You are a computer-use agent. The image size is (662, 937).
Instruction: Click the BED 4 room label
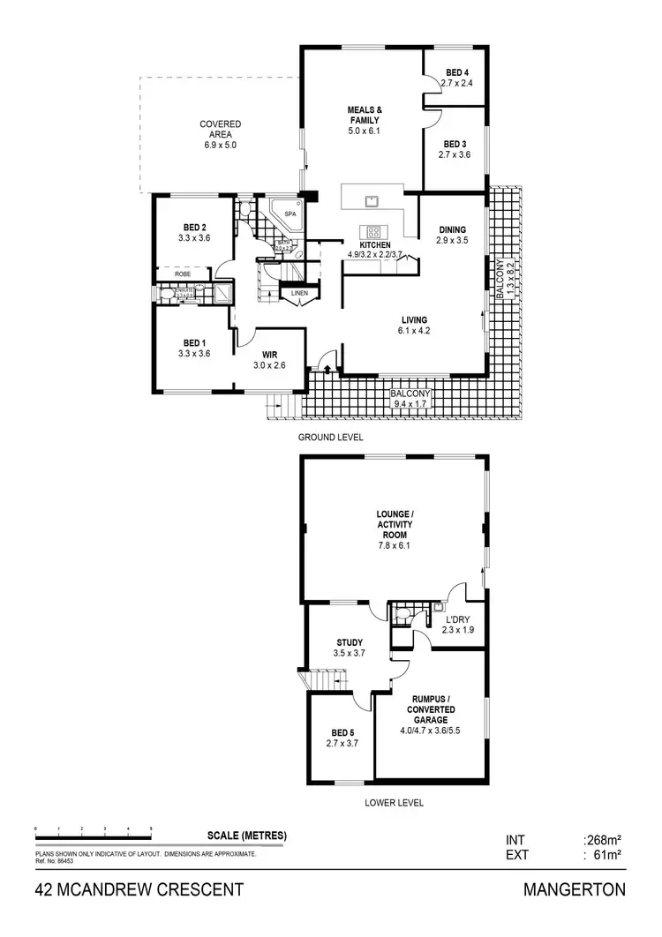click(x=455, y=72)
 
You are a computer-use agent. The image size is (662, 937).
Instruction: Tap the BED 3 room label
click(x=455, y=144)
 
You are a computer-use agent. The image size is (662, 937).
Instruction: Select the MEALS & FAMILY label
click(x=364, y=116)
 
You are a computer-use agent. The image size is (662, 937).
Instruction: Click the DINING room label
click(x=452, y=230)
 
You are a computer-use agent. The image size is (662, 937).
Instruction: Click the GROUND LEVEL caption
click(x=330, y=437)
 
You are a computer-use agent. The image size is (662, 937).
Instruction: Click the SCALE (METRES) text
click(x=247, y=836)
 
